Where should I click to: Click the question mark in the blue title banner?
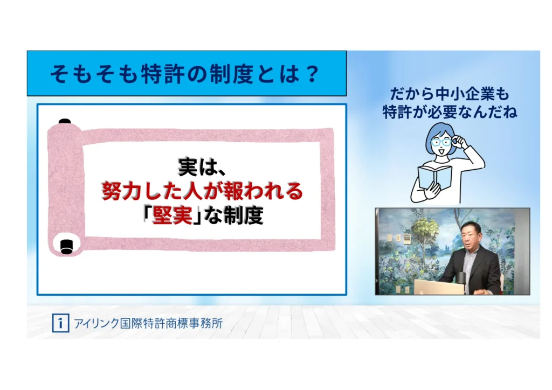[313, 74]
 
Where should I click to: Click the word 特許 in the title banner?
[162, 74]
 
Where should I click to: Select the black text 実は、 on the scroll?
[201, 166]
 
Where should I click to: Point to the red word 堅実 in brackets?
[172, 214]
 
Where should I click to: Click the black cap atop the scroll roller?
[65, 121]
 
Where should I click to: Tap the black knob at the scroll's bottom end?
[66, 246]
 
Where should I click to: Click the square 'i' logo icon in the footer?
[60, 323]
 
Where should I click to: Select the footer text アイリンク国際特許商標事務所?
[148, 323]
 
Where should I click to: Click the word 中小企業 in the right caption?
[464, 94]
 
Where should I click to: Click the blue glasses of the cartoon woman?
[441, 142]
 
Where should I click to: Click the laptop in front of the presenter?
[438, 287]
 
